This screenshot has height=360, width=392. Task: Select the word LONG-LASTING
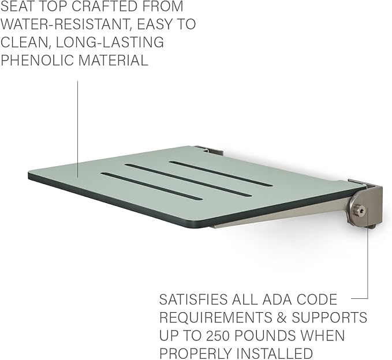[x=110, y=42]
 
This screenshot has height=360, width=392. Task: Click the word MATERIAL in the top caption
[x=114, y=61]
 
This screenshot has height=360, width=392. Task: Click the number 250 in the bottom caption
[x=217, y=335]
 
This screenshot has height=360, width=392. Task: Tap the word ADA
[x=277, y=299]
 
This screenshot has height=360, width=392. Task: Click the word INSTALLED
[x=274, y=353]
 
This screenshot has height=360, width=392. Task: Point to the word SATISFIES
[x=193, y=299]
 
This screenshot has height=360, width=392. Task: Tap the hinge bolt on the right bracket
[x=359, y=211]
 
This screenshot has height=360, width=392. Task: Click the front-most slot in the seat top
[x=151, y=186]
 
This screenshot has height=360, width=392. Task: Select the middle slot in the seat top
[x=189, y=180]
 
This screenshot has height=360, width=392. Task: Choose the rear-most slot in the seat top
[x=221, y=174]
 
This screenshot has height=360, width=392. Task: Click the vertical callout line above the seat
[x=77, y=129]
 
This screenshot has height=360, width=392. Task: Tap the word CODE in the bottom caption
[x=317, y=299]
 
